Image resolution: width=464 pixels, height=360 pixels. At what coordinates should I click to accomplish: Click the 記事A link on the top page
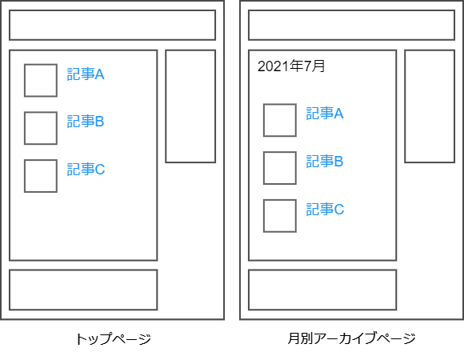[86, 74]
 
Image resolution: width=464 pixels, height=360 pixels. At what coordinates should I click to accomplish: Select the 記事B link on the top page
[86, 122]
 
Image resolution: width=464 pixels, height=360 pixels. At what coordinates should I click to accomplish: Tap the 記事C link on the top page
[86, 170]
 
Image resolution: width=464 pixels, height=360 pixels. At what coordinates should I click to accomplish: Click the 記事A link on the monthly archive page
[325, 114]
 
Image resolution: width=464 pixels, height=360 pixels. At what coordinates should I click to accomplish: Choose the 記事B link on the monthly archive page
[325, 162]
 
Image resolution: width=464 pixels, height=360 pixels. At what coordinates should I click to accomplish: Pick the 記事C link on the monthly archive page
[325, 209]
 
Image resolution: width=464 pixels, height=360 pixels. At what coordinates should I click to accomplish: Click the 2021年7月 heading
[291, 66]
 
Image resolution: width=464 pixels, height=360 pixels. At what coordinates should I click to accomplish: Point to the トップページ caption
[114, 338]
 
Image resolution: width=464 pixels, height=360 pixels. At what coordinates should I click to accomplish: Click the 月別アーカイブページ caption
[351, 338]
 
